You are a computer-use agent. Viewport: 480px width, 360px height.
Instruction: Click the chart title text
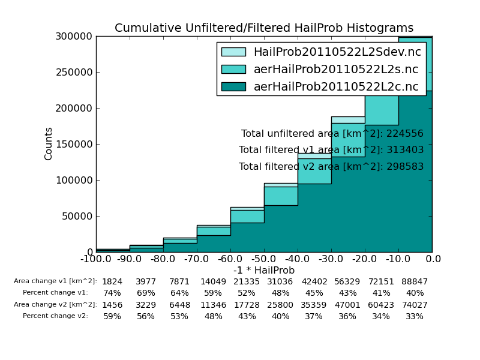[x=264, y=28]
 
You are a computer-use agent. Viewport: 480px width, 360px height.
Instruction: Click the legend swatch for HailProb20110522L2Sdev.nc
[x=233, y=52]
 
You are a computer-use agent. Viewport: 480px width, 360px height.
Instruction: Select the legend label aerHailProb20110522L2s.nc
[x=337, y=70]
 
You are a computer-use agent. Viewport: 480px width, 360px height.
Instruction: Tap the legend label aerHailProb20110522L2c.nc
[x=336, y=87]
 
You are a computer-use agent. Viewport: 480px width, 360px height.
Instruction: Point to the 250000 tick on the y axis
[x=75, y=73]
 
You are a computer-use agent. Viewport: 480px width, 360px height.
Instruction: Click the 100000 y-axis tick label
[x=75, y=181]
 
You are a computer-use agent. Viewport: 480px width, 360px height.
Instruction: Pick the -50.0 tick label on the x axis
[x=264, y=259]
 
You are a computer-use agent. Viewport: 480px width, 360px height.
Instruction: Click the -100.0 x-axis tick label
[x=96, y=259]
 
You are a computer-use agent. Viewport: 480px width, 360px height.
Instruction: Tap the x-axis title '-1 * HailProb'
[x=264, y=271]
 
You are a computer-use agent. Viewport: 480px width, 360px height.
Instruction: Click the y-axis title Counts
[x=49, y=143]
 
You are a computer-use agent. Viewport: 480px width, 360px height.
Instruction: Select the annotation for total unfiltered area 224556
[x=332, y=134]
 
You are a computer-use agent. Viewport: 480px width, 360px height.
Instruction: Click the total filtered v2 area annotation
[x=331, y=167]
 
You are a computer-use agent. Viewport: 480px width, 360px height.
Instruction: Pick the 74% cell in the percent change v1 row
[x=112, y=293]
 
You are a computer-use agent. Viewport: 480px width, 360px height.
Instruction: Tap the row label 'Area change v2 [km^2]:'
[x=55, y=305]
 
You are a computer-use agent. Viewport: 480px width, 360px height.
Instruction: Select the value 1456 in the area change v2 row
[x=112, y=305]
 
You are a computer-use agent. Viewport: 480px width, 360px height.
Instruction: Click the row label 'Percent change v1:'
[x=55, y=293]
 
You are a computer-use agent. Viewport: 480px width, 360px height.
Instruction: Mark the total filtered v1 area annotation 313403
[x=331, y=150]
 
